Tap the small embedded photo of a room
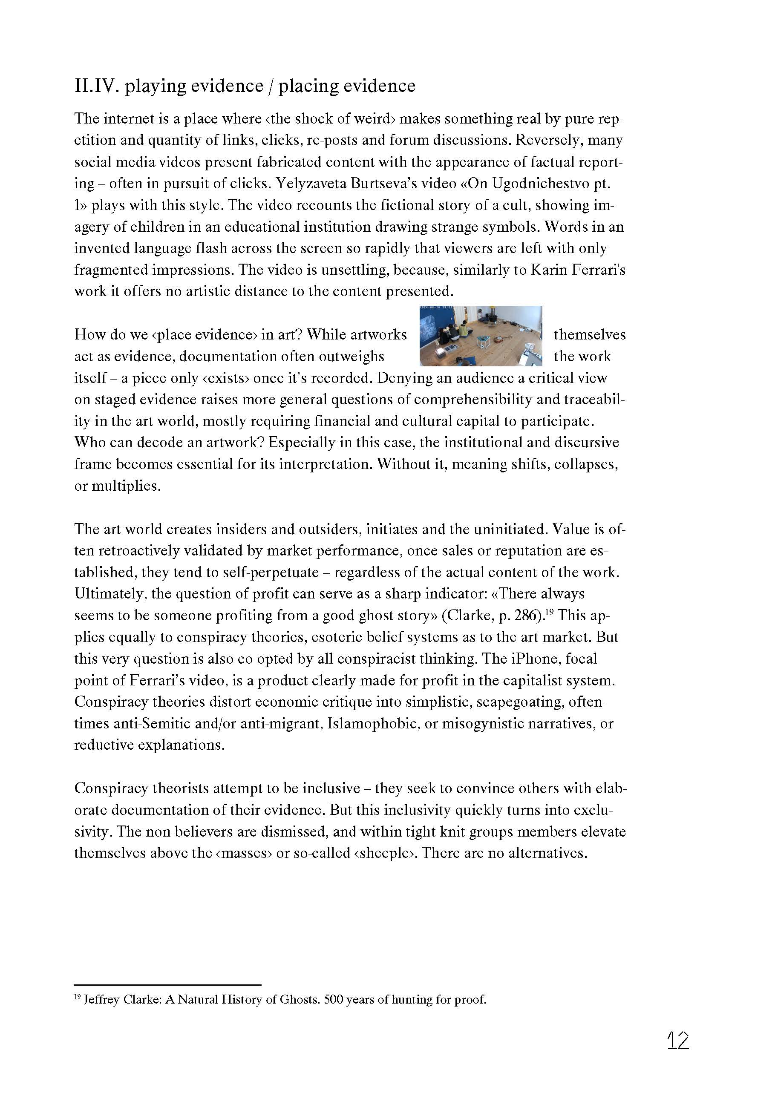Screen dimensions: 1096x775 tap(480, 336)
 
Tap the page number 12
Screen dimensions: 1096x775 tap(677, 1040)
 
